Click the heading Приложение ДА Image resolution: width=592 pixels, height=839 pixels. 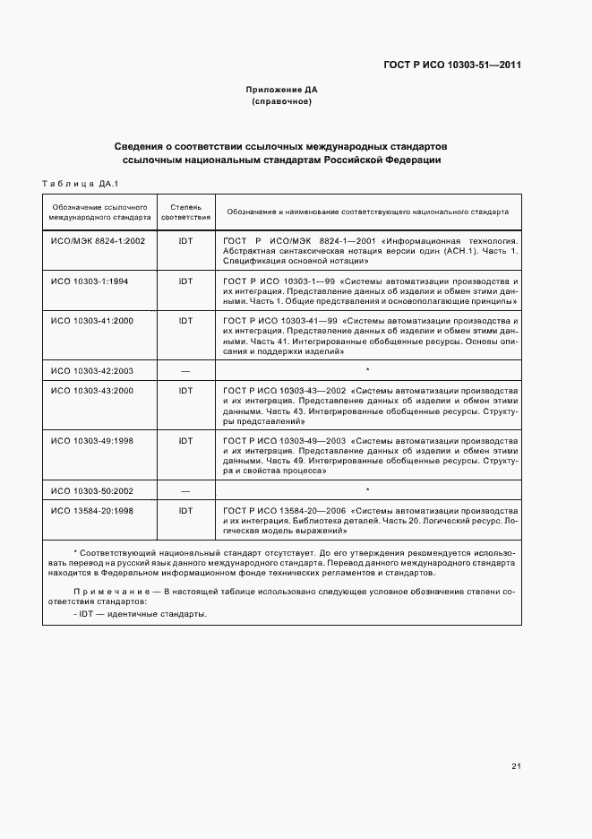pyautogui.click(x=282, y=90)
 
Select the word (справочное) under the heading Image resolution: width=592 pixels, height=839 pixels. pyautogui.click(x=282, y=102)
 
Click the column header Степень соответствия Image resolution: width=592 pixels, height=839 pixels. pyautogui.click(x=185, y=212)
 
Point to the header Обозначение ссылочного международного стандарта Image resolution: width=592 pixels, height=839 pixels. pyautogui.click(x=99, y=212)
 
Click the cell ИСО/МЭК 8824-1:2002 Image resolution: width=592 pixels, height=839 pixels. pyautogui.click(x=98, y=241)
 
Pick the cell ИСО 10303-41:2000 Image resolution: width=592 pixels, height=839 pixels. pyautogui.click(x=92, y=320)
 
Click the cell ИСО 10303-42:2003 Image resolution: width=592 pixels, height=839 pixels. pyautogui.click(x=92, y=369)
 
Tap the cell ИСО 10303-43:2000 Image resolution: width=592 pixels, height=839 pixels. pyautogui.click(x=92, y=391)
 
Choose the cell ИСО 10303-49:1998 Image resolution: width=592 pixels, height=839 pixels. pyautogui.click(x=92, y=440)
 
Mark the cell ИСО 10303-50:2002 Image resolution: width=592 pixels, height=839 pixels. pyautogui.click(x=92, y=490)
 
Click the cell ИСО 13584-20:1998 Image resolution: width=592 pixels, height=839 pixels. pyautogui.click(x=92, y=511)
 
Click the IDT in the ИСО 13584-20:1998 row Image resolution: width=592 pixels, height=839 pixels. pyautogui.click(x=185, y=511)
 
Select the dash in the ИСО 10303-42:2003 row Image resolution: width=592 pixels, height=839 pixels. pyautogui.click(x=185, y=369)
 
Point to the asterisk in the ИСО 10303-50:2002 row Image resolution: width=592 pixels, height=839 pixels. pyautogui.click(x=367, y=489)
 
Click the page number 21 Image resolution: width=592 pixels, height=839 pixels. pyautogui.click(x=516, y=765)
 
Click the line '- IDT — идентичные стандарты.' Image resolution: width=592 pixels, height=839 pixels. pyautogui.click(x=141, y=614)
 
